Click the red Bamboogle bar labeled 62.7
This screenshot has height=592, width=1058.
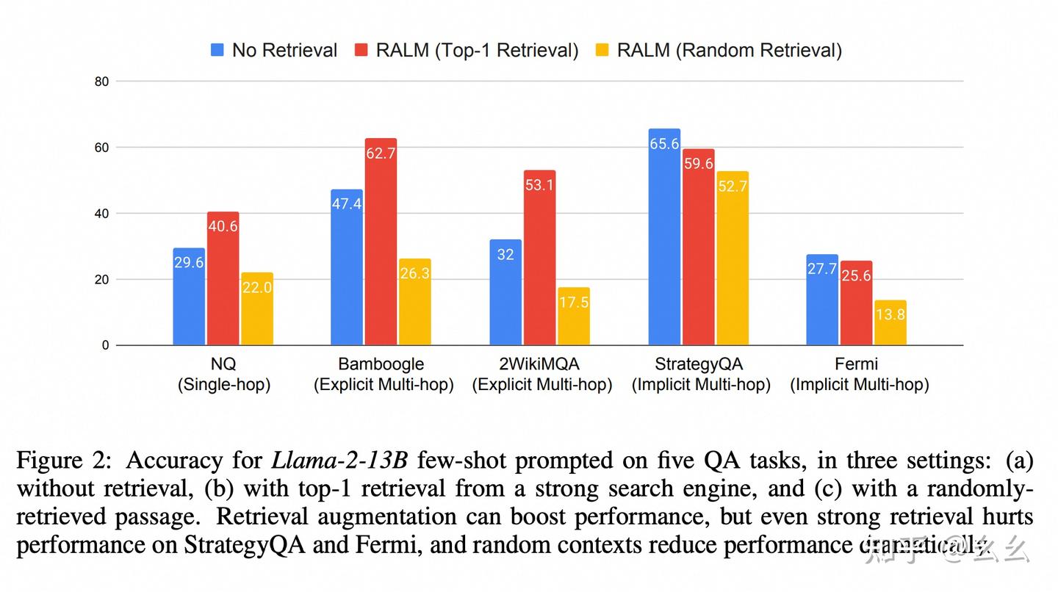click(381, 242)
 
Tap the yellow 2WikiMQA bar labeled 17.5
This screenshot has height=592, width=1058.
click(573, 317)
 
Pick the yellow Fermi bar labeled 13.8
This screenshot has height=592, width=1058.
click(890, 322)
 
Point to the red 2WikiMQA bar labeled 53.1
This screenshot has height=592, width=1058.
click(539, 258)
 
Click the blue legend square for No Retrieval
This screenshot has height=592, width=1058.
click(217, 50)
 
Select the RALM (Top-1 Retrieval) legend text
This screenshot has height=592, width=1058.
click(477, 50)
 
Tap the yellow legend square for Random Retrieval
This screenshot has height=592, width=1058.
click(603, 50)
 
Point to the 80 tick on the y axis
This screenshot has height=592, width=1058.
click(101, 82)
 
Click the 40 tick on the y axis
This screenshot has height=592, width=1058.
click(101, 214)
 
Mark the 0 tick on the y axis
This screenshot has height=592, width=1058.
click(105, 345)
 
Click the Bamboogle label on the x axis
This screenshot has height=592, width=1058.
click(381, 364)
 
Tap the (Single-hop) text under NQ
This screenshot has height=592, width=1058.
click(223, 385)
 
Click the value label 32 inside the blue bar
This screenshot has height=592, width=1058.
click(505, 255)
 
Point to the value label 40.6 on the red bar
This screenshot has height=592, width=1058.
click(223, 227)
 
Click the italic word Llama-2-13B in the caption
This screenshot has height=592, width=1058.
click(340, 461)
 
